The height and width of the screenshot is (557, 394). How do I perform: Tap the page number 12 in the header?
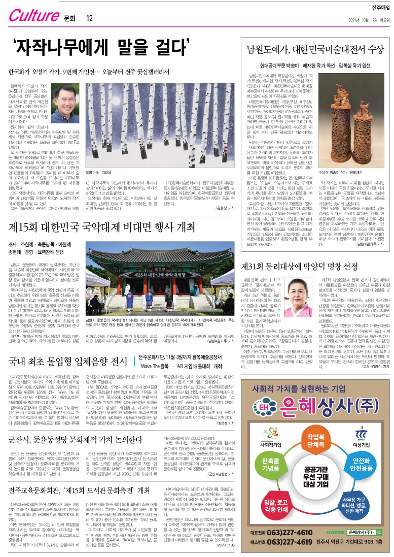pyautogui.click(x=89, y=19)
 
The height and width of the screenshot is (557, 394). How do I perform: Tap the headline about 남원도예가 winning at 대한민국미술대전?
pyautogui.click(x=315, y=49)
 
